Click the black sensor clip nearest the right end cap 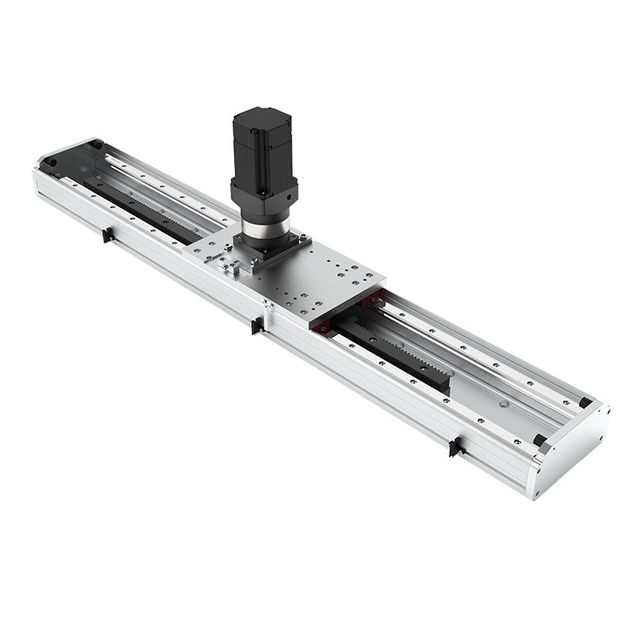454,447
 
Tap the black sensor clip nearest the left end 107,234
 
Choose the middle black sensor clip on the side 257,325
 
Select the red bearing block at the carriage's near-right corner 323,326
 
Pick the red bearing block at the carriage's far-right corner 372,299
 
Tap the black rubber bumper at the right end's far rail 585,402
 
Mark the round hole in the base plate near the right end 502,401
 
